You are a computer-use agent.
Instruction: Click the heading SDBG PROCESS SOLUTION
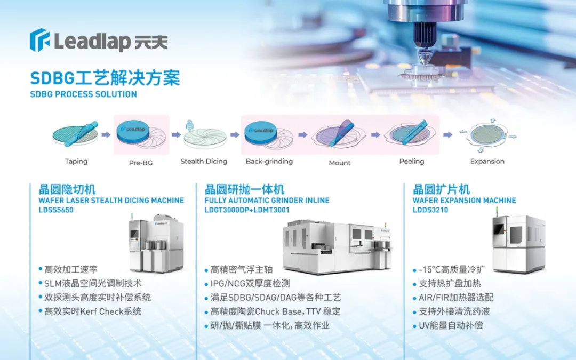(83, 94)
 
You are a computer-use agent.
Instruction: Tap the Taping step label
(76, 161)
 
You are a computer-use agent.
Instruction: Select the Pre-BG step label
(141, 162)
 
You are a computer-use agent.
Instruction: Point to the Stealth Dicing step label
(204, 161)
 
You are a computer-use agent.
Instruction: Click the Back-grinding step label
(269, 161)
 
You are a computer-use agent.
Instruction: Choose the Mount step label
(339, 163)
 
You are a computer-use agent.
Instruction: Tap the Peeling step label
(412, 161)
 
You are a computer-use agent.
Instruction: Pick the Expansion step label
(487, 161)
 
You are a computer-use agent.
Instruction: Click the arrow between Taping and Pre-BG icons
(106, 135)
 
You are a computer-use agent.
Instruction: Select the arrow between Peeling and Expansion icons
(447, 135)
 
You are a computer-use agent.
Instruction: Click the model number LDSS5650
(56, 210)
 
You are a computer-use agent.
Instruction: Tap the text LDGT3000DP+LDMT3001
(247, 210)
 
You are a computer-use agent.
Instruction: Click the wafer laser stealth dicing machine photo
(156, 242)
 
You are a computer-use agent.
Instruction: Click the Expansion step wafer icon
(487, 135)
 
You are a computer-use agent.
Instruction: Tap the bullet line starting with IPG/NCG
(247, 284)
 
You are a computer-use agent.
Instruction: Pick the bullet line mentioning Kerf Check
(90, 311)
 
